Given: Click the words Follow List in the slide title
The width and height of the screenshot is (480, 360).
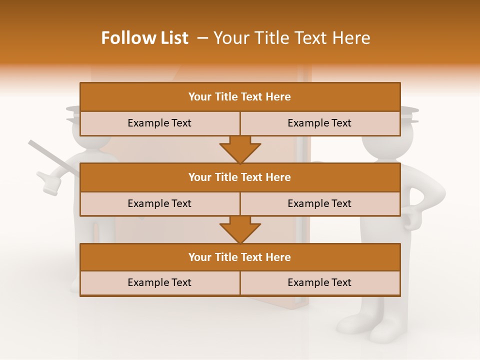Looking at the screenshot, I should point(144,38).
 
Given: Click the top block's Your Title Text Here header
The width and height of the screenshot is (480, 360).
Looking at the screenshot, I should point(239,97).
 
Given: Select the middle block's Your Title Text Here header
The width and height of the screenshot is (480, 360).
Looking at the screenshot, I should point(239,177).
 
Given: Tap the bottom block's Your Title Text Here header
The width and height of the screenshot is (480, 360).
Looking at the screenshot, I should point(239,257).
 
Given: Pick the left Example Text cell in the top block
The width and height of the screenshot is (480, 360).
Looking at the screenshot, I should point(159,123).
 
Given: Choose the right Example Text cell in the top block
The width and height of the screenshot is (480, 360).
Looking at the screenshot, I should point(319,123).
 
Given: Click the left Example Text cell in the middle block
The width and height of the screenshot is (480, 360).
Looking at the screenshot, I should point(159,203).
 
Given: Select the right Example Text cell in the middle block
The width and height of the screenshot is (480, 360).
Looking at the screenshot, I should point(319,203).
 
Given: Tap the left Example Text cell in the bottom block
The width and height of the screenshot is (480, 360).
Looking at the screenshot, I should point(159,282).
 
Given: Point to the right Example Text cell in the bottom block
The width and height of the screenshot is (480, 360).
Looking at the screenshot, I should point(319,282).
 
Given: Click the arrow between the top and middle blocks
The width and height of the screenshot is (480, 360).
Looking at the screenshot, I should point(240,149).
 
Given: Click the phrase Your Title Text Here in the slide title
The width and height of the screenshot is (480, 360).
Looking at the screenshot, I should point(291,38).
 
